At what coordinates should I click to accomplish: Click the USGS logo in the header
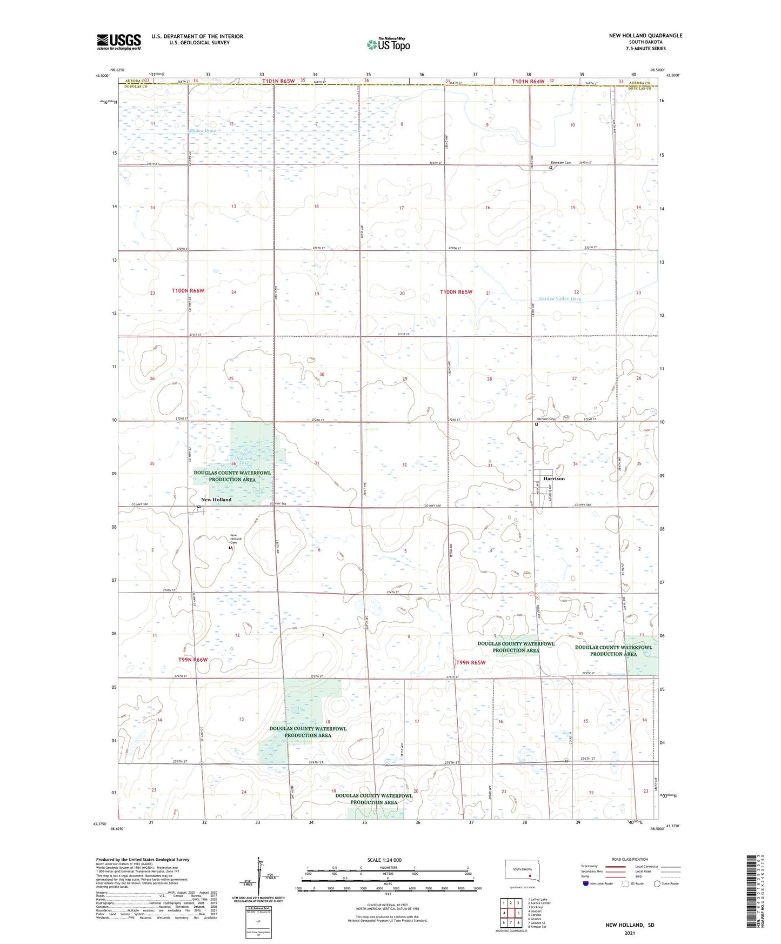pyautogui.click(x=119, y=42)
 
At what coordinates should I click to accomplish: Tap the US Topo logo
pyautogui.click(x=388, y=44)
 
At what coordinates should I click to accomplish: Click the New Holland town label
pyautogui.click(x=216, y=500)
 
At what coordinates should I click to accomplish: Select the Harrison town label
pyautogui.click(x=554, y=478)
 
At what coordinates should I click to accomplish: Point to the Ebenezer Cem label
pyautogui.click(x=560, y=163)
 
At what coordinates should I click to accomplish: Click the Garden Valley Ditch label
pyautogui.click(x=560, y=299)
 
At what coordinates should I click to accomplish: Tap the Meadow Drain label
pyautogui.click(x=202, y=131)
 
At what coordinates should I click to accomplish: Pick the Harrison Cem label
pyautogui.click(x=546, y=419)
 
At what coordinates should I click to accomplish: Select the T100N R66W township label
pyautogui.click(x=188, y=291)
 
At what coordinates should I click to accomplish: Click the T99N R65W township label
pyautogui.click(x=470, y=662)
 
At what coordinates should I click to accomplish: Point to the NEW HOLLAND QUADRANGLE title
pyautogui.click(x=645, y=36)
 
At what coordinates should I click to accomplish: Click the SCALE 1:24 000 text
pyautogui.click(x=384, y=860)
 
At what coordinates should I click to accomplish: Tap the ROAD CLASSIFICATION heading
pyautogui.click(x=630, y=859)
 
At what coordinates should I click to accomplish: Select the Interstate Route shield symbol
pyautogui.click(x=585, y=883)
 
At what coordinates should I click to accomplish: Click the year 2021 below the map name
pyautogui.click(x=630, y=933)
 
